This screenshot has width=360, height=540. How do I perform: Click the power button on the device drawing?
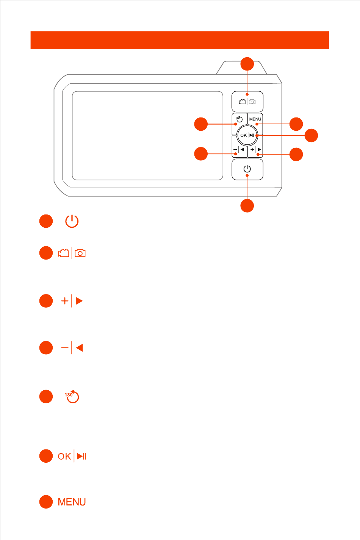click(247, 169)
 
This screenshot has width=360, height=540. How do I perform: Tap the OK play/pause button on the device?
click(247, 135)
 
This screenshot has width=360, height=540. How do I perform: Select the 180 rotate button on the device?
click(239, 119)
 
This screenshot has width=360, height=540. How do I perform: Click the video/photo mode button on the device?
click(247, 102)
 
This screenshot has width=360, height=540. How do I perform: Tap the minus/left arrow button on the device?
click(239, 150)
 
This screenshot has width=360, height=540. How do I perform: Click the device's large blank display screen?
click(147, 135)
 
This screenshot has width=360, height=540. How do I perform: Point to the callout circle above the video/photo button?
click(247, 64)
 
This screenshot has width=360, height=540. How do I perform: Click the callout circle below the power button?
click(247, 206)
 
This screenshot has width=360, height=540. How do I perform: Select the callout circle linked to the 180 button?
click(201, 124)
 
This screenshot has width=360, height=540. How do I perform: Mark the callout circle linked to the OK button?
click(311, 135)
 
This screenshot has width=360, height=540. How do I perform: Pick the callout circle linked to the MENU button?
click(296, 124)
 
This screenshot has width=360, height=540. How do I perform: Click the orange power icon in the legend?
click(72, 221)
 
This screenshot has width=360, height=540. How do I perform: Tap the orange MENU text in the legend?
click(72, 502)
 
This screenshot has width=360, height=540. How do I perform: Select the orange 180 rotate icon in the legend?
click(71, 396)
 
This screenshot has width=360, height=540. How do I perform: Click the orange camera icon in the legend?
click(80, 253)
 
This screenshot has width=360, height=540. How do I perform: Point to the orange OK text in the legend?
click(64, 456)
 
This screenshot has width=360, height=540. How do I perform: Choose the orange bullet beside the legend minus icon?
click(46, 347)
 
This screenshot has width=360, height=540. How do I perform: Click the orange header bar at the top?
click(180, 40)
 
